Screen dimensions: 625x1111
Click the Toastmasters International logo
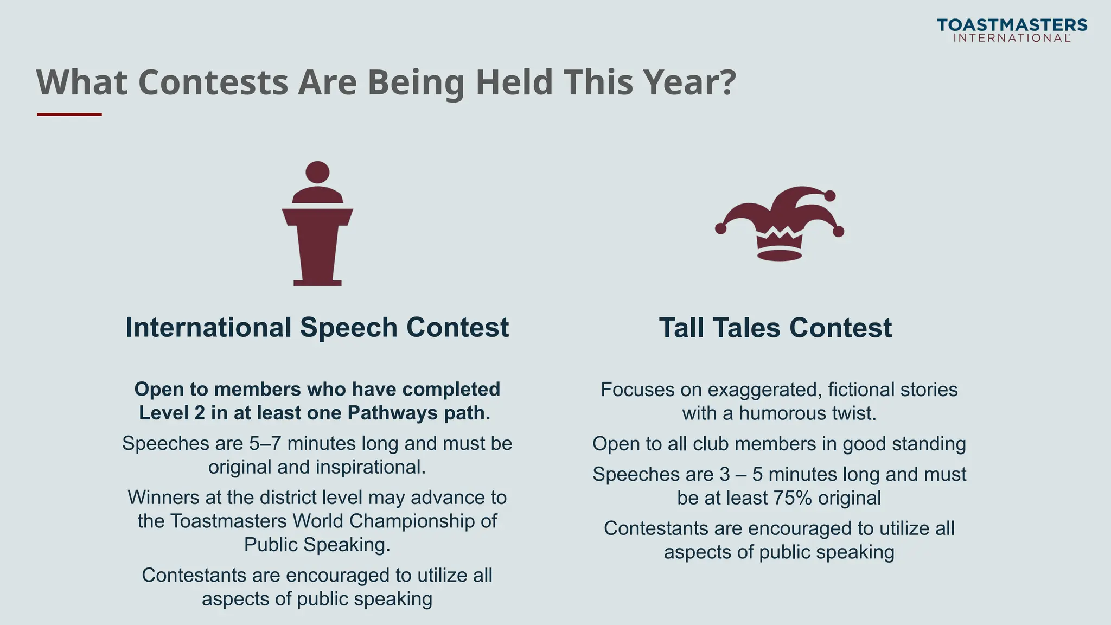click(x=1012, y=30)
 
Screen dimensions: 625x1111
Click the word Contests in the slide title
click(x=213, y=82)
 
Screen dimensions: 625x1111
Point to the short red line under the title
click(x=69, y=114)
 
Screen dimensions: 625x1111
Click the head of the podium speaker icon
click(x=317, y=172)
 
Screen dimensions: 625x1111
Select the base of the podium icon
click(x=317, y=283)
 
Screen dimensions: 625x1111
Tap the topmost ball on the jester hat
click(x=829, y=196)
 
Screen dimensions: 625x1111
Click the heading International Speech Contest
click(x=317, y=328)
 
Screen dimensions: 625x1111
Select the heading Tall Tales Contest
click(x=775, y=328)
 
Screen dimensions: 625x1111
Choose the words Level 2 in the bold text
click(x=172, y=413)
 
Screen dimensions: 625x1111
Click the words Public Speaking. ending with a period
click(x=317, y=545)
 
